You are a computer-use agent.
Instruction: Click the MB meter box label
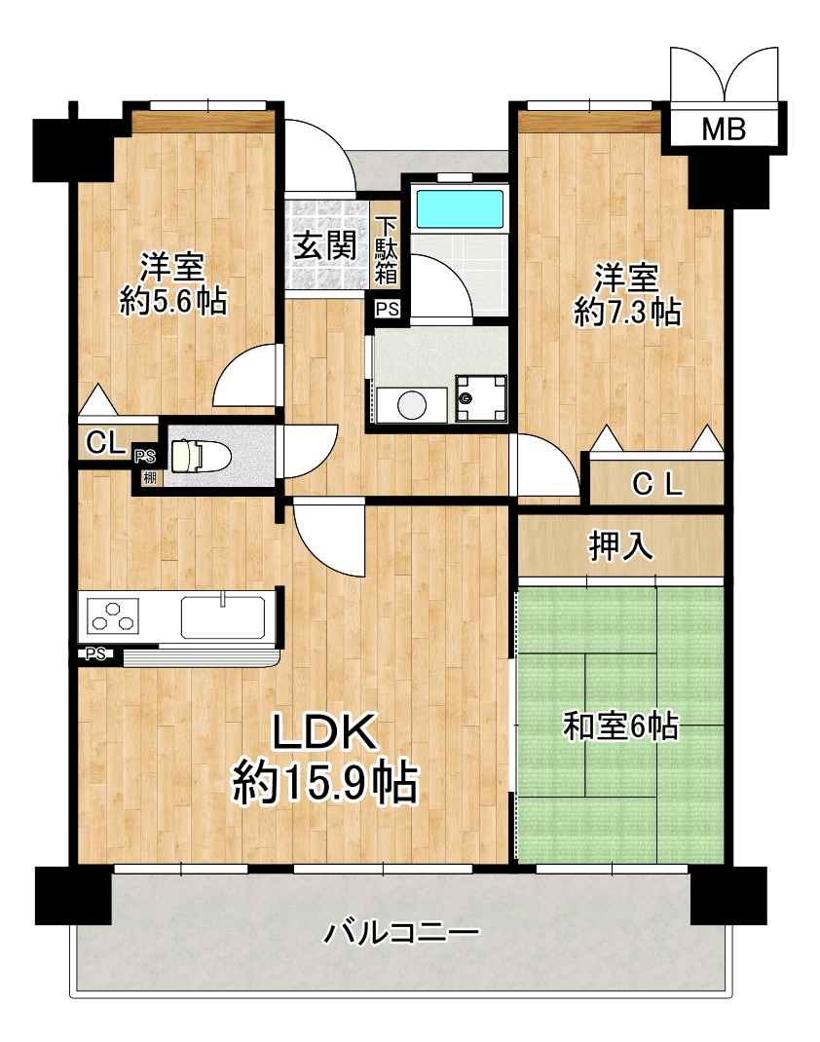click(724, 129)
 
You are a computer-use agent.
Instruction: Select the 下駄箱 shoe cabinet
click(386, 250)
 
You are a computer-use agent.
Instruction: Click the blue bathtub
click(459, 209)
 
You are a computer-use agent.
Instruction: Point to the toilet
click(200, 457)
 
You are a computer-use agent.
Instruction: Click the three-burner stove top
click(112, 616)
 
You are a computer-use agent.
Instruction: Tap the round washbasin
click(412, 404)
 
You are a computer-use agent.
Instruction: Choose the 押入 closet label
click(620, 546)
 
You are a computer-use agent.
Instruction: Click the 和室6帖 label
click(620, 726)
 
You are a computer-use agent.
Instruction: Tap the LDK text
click(325, 732)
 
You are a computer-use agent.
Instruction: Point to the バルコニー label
click(401, 932)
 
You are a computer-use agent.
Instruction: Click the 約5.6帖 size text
click(173, 302)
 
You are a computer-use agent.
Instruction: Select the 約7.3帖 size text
click(627, 312)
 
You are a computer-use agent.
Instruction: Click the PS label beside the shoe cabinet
click(388, 309)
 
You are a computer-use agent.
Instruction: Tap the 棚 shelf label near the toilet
click(150, 476)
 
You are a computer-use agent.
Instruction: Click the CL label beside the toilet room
click(105, 442)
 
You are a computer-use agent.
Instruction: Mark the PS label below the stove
click(95, 654)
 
